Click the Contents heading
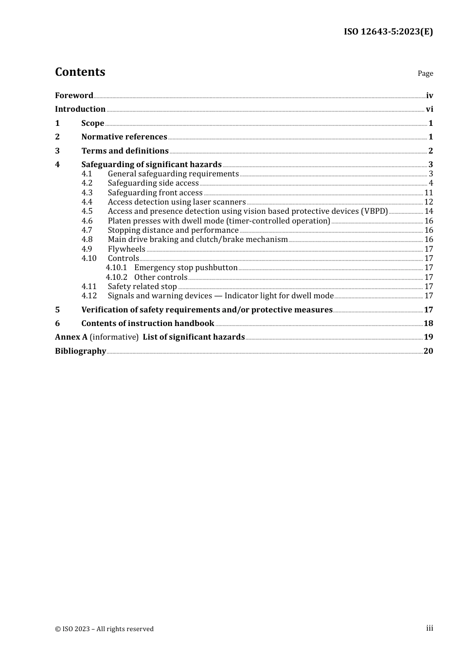coord(80,72)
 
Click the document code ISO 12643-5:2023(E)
coord(388,32)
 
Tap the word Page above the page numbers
coord(425,73)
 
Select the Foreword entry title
coord(74,95)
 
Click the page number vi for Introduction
coord(429,109)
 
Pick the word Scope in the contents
coord(92,123)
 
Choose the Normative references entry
coord(124,137)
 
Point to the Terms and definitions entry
coord(125,151)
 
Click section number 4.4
coord(87,202)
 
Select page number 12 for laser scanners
coord(428,202)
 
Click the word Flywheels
coord(126,249)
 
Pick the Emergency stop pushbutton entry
coord(186,268)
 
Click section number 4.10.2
coord(117,277)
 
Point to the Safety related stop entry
coord(142,287)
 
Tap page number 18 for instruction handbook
coord(428,324)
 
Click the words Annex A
coord(71,337)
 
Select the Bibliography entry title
coord(80,351)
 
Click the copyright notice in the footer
coord(104,629)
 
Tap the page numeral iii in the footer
coord(429,628)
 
